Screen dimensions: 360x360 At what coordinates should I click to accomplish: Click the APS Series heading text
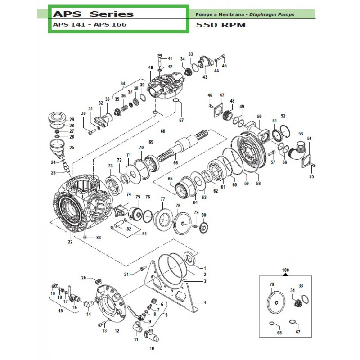tap(92, 14)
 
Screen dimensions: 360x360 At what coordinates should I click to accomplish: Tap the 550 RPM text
tap(221, 25)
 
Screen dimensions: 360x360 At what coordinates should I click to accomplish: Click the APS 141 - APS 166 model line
tap(90, 25)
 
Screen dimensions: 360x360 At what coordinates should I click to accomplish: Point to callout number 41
tap(170, 58)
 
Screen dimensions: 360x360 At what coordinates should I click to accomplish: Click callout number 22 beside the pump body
tap(70, 242)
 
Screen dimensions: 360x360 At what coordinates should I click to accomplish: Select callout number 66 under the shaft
tap(175, 162)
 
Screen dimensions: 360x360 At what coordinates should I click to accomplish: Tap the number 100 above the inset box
tap(285, 270)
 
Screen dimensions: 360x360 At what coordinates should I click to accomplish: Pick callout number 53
tap(301, 133)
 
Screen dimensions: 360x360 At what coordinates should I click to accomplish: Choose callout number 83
tap(99, 238)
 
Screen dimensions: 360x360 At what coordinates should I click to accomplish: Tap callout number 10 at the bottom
tap(151, 348)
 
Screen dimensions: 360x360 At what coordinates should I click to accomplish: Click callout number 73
tap(110, 166)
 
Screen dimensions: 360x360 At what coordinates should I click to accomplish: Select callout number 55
tap(311, 176)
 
